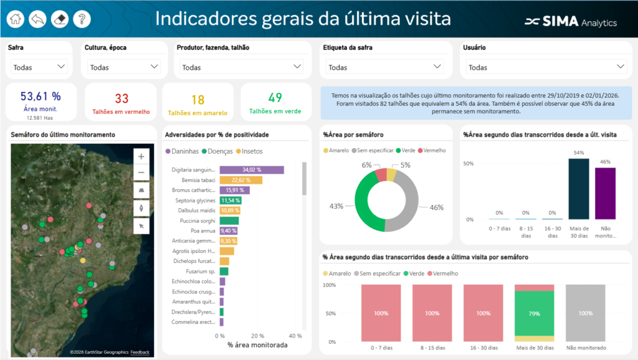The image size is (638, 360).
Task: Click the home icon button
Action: point(16,19)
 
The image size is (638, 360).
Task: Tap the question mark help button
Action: point(82,19)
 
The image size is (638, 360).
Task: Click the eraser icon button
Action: point(60,19)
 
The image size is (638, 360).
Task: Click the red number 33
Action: point(121,98)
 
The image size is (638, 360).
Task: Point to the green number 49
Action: point(275,98)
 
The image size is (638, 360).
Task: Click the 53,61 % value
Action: point(40,96)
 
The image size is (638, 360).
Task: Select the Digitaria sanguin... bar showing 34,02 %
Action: point(252,169)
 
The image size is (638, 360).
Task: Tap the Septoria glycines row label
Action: point(194,201)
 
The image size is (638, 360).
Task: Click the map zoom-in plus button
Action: point(142,156)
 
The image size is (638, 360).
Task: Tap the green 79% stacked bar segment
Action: point(534,313)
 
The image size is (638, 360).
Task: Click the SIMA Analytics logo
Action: point(571,22)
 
